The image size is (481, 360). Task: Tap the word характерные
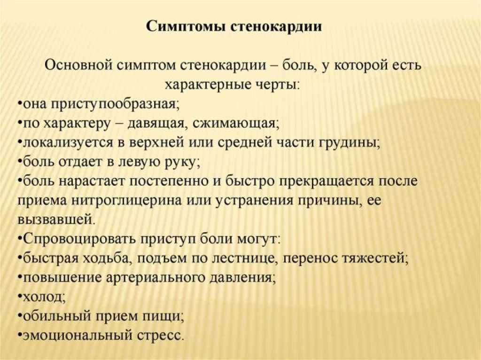tap(208, 85)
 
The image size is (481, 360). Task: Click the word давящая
tap(156, 124)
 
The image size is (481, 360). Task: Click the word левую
tap(139, 162)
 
